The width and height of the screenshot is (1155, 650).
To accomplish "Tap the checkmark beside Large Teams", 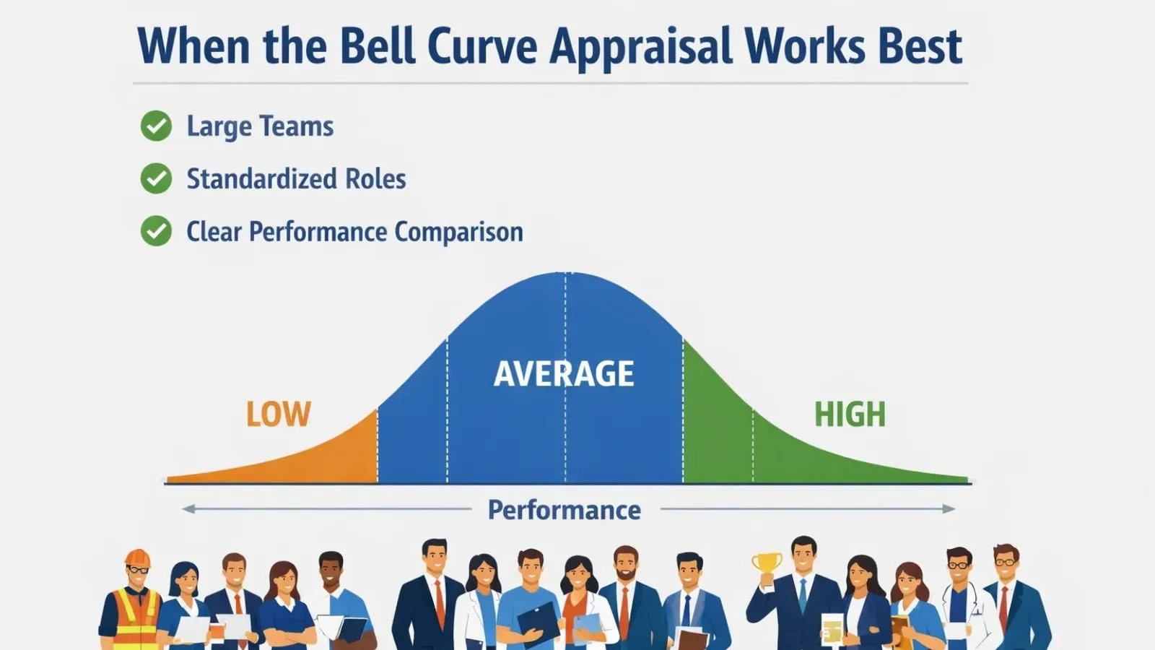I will (156, 126).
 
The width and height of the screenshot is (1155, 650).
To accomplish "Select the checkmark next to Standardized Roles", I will (156, 179).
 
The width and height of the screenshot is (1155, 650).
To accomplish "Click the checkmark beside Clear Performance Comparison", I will (156, 232).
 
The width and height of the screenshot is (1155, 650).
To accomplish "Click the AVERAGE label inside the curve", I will (564, 374).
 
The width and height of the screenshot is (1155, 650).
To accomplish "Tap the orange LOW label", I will (278, 415).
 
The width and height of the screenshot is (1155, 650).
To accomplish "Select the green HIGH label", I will (850, 415).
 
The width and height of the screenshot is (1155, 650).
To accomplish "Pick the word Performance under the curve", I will (564, 510).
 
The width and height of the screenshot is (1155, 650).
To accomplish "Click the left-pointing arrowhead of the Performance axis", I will (188, 509).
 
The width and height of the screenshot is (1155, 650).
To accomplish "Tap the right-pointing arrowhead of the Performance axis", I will (950, 509).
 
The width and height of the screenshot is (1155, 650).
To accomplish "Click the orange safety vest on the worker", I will (134, 617).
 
